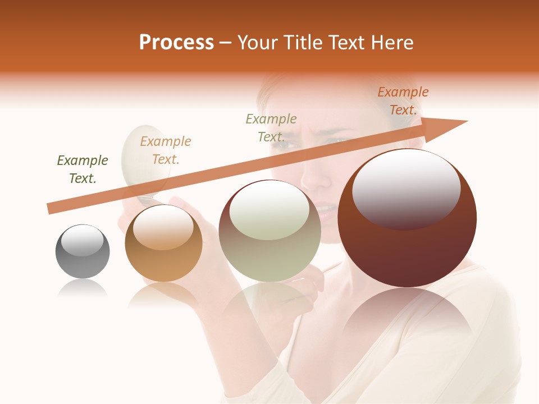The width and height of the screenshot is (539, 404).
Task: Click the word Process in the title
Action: [x=176, y=43]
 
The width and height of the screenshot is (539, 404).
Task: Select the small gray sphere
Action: [x=83, y=251]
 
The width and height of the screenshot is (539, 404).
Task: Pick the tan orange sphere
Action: [x=163, y=243]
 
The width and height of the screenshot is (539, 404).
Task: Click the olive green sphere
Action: [x=269, y=231]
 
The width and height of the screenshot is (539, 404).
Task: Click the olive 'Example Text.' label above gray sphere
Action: [x=83, y=169]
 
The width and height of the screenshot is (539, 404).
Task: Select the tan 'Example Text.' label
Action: [x=166, y=150]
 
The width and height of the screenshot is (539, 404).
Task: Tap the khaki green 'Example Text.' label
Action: [x=271, y=127]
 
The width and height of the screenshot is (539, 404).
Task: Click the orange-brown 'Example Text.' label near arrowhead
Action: [x=403, y=101]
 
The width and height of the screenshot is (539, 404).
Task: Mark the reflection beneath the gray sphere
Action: [x=83, y=288]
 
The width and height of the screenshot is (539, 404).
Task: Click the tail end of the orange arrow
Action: [x=51, y=208]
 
